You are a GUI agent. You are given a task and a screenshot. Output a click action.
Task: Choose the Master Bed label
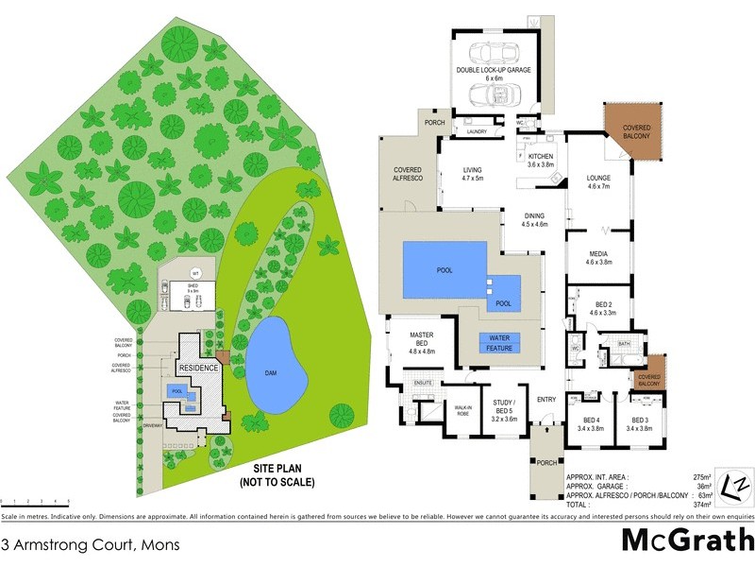tap(421, 342)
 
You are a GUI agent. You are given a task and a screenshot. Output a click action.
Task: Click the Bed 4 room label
tap(592, 423)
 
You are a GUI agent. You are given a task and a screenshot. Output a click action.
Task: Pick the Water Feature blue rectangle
tap(499, 343)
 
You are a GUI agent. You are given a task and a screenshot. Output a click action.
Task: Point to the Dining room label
tap(534, 219)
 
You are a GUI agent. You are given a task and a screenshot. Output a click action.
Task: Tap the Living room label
tap(472, 174)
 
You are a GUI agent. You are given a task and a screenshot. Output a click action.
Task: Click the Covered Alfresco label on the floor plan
tap(406, 173)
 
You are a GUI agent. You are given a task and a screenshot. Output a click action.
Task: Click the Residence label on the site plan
tap(198, 368)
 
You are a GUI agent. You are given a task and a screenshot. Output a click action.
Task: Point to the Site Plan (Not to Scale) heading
tap(283, 474)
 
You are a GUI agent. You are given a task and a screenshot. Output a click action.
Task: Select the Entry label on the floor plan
tap(546, 400)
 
